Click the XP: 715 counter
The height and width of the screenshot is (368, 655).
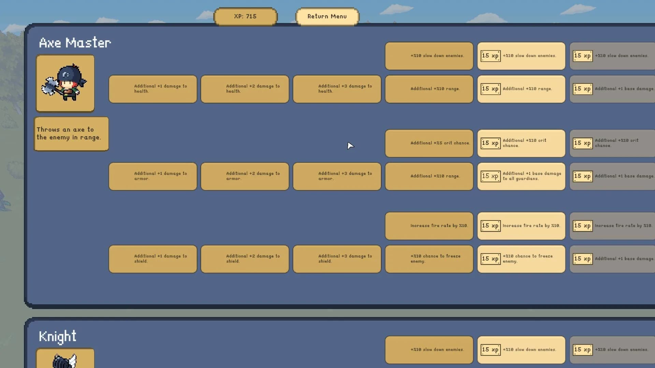click(x=245, y=16)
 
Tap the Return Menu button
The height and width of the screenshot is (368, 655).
click(x=327, y=16)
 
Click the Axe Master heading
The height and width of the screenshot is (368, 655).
click(x=75, y=43)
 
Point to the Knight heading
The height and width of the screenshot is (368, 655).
click(x=57, y=337)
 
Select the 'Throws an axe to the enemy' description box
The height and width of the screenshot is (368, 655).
click(x=71, y=134)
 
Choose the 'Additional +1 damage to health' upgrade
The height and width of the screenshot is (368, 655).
click(x=153, y=89)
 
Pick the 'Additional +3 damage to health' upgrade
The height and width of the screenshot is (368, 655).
click(x=337, y=89)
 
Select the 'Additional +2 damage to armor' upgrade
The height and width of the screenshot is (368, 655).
click(x=245, y=176)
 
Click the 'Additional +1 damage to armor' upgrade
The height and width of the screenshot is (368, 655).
click(x=153, y=176)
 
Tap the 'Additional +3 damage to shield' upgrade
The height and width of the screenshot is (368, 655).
click(x=337, y=259)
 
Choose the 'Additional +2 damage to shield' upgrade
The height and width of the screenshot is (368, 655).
click(x=245, y=259)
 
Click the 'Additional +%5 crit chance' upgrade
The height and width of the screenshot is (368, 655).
click(x=429, y=143)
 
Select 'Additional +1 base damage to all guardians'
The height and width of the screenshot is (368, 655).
click(x=521, y=176)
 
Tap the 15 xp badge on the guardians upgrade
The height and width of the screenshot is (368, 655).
click(x=491, y=176)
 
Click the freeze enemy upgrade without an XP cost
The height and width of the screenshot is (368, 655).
click(x=429, y=259)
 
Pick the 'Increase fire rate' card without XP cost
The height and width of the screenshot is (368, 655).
click(x=429, y=226)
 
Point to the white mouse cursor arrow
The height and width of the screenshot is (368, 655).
click(x=350, y=146)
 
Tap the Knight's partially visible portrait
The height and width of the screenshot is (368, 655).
click(x=65, y=358)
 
